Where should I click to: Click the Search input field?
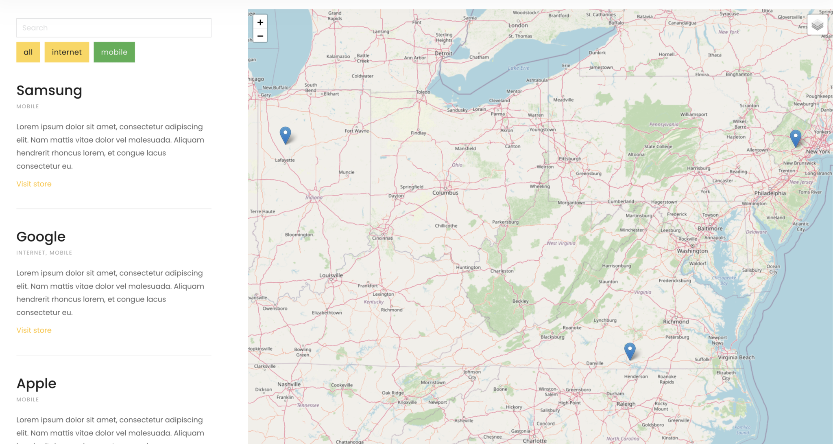(x=113, y=28)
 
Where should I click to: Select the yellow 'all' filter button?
(x=28, y=52)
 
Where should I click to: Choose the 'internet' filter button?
(x=67, y=52)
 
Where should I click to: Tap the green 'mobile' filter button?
(x=114, y=52)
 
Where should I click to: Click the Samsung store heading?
(x=49, y=90)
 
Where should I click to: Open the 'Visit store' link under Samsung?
(x=34, y=184)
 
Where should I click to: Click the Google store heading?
(x=41, y=237)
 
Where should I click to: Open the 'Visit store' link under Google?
(x=34, y=330)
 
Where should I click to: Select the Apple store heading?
(x=36, y=383)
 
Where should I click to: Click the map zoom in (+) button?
(x=260, y=22)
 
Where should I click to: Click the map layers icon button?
(x=817, y=25)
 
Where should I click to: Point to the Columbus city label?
(x=445, y=193)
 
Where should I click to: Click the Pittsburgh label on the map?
(x=570, y=159)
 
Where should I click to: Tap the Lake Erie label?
(x=519, y=68)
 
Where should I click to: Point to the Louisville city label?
(x=331, y=275)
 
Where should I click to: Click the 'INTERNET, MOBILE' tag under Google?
(x=44, y=253)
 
